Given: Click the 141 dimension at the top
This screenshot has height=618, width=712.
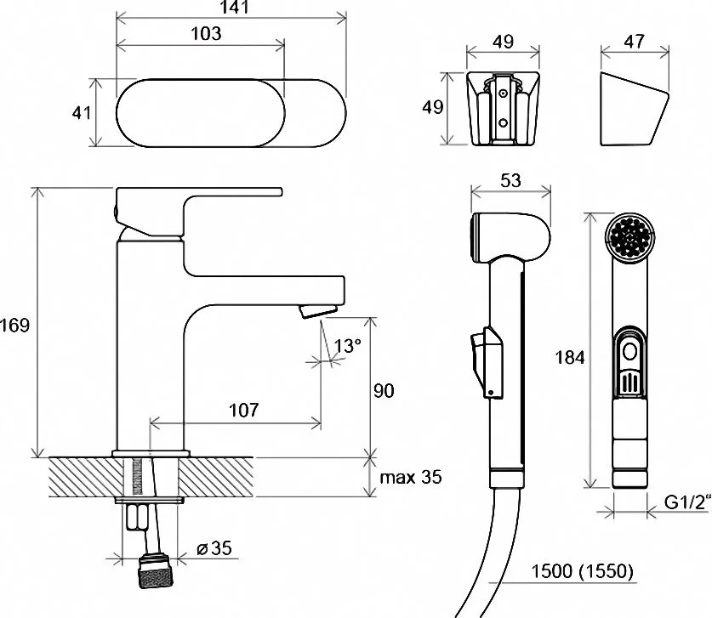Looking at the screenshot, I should point(230,9).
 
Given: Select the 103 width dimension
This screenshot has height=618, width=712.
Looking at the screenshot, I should point(206,34).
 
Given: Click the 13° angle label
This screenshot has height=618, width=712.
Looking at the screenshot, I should point(346,346).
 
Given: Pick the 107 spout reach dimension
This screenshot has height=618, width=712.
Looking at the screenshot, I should point(243,411).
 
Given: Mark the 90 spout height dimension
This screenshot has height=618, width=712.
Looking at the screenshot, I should point(384,391).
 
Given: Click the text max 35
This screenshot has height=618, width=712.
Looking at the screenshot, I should point(411,478).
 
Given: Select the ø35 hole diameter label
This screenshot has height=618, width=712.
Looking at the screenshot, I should point(215,548).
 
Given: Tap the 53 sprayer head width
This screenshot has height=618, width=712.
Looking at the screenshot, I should point(511,182).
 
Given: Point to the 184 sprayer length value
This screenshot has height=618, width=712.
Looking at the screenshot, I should point(568,357).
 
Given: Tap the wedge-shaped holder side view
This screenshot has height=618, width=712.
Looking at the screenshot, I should point(631,111).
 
